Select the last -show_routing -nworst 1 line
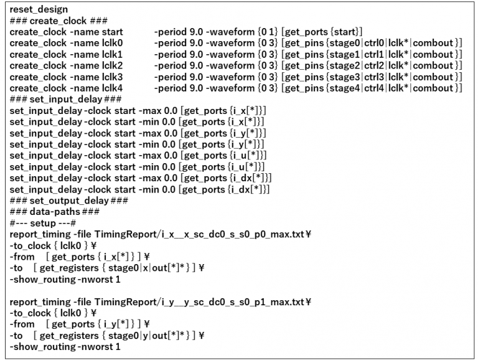pos(65,346)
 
